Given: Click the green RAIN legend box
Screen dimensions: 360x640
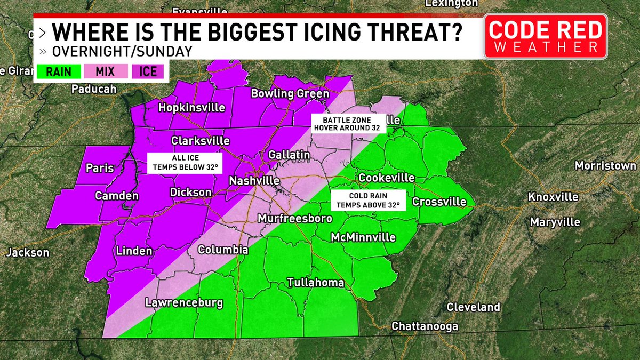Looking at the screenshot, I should pos(59,71).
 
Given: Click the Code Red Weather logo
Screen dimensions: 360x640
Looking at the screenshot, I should pos(546,36).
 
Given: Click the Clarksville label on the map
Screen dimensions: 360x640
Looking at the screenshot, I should pos(200,141).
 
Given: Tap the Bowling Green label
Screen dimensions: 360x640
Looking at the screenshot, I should pos(290,94).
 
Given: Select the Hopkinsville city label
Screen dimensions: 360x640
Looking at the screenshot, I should pos(192,108).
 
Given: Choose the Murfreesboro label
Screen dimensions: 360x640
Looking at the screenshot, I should pos(295,219).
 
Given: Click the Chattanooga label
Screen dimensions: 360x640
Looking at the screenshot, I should pos(425,326).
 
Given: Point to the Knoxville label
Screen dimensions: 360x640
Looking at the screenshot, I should pos(553,197).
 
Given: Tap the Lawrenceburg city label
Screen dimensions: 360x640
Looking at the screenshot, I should pos(184,303).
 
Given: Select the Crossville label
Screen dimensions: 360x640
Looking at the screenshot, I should pos(439,202).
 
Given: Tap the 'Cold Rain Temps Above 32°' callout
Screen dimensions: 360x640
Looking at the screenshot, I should pos(369,200).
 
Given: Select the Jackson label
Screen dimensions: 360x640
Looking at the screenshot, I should pos(27,253).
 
